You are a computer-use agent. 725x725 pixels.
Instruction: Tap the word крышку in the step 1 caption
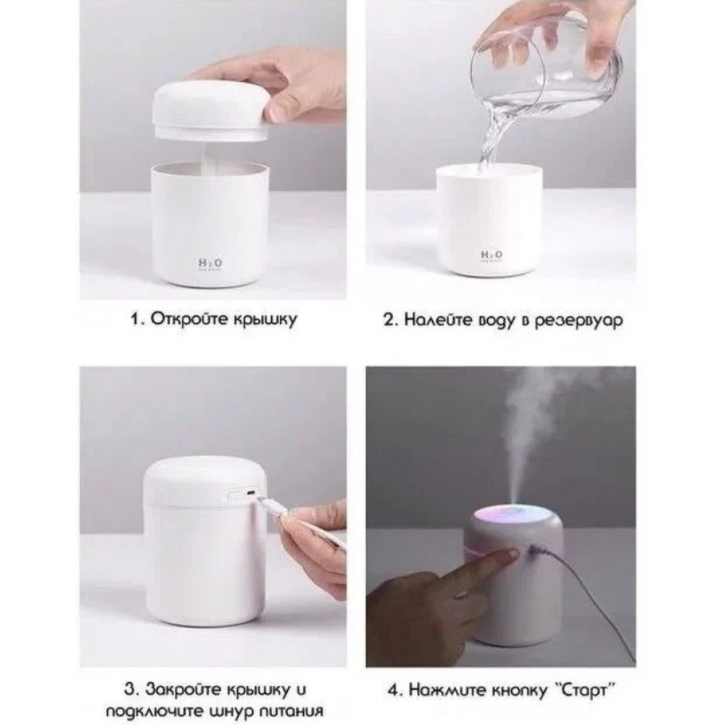pos(264,320)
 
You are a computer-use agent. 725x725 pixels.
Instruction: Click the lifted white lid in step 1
pos(210,110)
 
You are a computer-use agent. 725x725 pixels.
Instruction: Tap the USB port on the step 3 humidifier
pos(250,493)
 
